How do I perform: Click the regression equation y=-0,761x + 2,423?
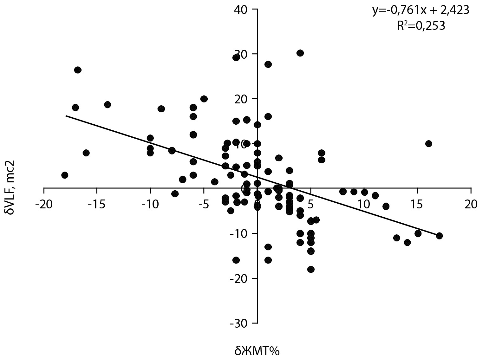point(421,10)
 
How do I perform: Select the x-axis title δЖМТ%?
point(257,351)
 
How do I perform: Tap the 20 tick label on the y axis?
point(241,99)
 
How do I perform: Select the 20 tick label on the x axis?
point(471,204)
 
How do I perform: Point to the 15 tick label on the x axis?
point(418,204)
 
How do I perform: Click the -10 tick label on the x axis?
point(150,204)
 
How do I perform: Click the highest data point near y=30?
point(300,53)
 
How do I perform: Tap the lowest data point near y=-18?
point(311,269)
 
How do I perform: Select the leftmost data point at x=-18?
point(65,175)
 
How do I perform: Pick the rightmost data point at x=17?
point(439,236)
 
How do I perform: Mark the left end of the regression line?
point(66,116)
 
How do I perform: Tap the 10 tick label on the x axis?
point(364,204)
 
